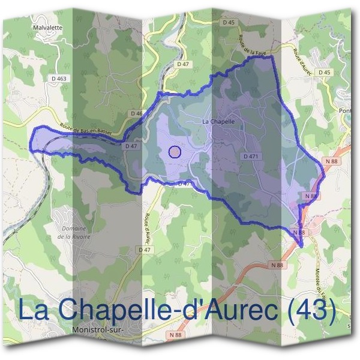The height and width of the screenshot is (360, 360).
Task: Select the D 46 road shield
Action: tap(136, 113)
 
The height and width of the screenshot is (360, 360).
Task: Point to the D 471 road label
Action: tap(251, 156)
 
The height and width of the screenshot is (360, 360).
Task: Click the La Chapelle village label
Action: tap(218, 121)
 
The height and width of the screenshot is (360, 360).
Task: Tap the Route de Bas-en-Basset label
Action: tap(87, 129)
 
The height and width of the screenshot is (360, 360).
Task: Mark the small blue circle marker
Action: tap(175, 152)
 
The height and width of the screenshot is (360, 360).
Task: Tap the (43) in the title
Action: tap(309, 310)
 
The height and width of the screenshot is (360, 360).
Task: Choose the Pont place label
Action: tap(346, 110)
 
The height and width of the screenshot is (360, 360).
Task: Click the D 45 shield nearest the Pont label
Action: tap(324, 73)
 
